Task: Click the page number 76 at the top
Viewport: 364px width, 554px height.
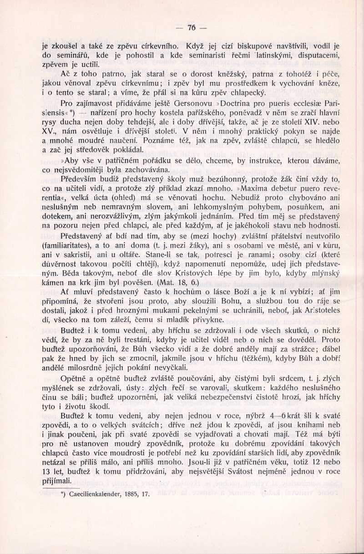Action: point(191,28)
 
